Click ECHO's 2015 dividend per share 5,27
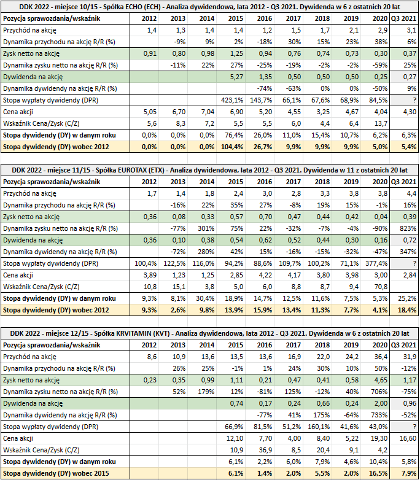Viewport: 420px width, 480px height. click(x=236, y=77)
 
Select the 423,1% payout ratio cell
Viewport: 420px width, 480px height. click(x=232, y=100)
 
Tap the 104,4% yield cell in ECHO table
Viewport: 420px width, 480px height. click(x=232, y=147)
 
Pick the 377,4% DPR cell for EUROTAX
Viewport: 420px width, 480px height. click(x=376, y=263)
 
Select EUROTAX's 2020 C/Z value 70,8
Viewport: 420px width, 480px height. click(x=381, y=287)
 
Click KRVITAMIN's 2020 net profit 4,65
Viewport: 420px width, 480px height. click(x=381, y=380)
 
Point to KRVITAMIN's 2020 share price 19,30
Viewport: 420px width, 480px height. click(x=379, y=438)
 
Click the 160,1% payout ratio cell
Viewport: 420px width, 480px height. click(x=319, y=427)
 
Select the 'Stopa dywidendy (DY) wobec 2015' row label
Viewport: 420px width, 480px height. click(x=56, y=473)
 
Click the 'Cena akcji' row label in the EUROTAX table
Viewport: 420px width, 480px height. click(x=18, y=275)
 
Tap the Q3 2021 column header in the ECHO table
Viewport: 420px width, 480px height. click(x=404, y=18)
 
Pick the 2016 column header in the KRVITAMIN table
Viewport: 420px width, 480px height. click(x=265, y=346)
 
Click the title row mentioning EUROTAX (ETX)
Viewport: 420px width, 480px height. click(x=210, y=170)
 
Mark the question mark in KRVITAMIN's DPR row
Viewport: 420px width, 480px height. click(x=414, y=427)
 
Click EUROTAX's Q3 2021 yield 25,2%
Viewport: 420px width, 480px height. click(x=407, y=298)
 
